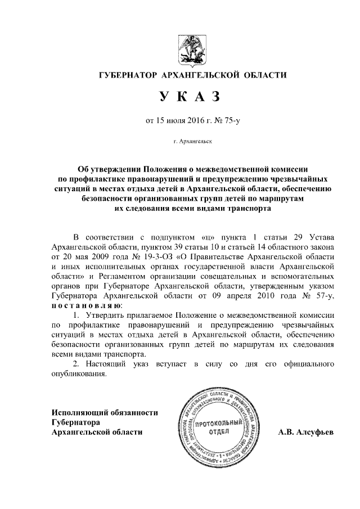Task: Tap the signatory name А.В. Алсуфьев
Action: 307,433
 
